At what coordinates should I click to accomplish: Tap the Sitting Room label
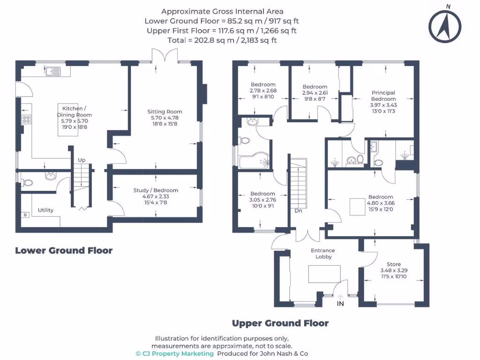[165, 112]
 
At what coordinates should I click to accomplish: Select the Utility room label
[45, 210]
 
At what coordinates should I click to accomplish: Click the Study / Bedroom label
[156, 190]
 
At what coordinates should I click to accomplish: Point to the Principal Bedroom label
[383, 96]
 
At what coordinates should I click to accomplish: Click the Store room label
[394, 264]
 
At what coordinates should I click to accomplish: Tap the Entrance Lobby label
[323, 254]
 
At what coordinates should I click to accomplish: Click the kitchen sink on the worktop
[53, 71]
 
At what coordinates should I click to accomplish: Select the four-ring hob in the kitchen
[26, 119]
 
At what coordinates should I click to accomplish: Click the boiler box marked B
[25, 215]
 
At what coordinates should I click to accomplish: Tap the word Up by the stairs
[82, 160]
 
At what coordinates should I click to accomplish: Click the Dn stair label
[299, 210]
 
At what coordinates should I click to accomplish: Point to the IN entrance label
[340, 304]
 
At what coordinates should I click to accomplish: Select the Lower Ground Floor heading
[64, 250]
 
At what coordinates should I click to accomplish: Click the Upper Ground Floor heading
[280, 323]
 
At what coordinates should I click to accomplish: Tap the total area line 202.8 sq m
[222, 40]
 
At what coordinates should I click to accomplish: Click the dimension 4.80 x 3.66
[381, 203]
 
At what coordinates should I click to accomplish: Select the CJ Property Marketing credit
[175, 353]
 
